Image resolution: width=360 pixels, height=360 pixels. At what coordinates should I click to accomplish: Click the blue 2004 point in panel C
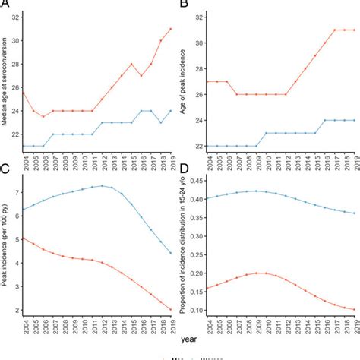click(23, 210)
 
